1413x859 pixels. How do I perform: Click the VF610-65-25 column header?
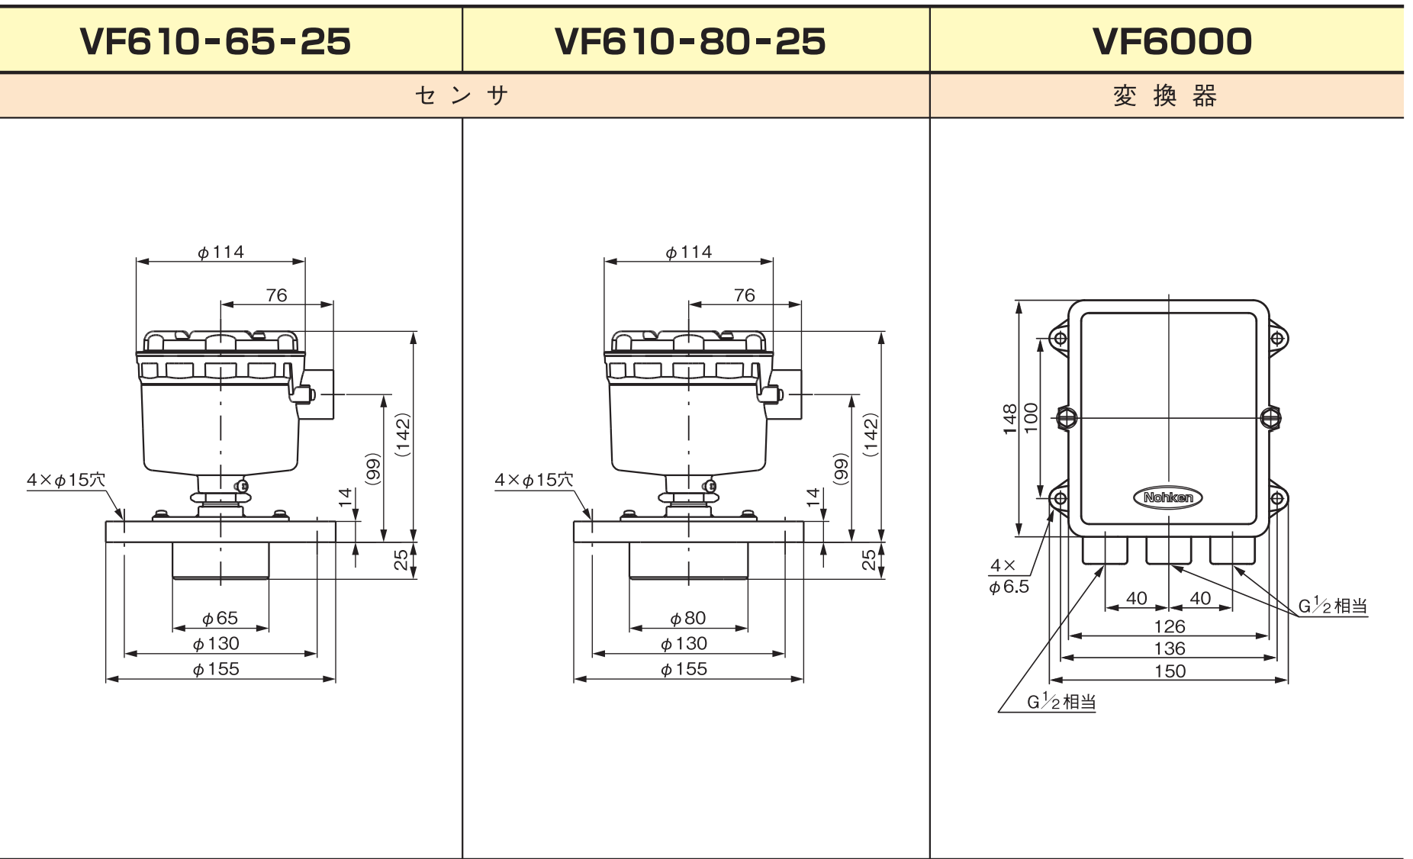point(215,41)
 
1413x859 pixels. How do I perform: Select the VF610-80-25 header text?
point(690,41)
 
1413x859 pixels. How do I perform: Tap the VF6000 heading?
point(1172,41)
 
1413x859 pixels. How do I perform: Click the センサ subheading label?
point(462,95)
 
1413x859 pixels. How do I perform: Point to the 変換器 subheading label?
point(1165,95)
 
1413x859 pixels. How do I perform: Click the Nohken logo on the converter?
point(1167,497)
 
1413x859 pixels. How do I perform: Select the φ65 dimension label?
point(220,617)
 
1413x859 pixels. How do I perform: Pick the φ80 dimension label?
point(687,617)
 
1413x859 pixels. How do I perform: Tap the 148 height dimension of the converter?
point(1010,419)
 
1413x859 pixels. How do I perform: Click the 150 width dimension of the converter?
point(1170,671)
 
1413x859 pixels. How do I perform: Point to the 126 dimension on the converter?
point(1170,626)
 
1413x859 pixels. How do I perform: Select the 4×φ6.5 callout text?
point(1009,576)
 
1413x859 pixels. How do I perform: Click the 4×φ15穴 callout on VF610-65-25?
point(66,480)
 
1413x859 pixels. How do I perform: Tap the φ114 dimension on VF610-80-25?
point(688,252)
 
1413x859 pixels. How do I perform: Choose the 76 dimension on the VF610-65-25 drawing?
point(276,295)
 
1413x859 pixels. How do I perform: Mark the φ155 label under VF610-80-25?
point(684,669)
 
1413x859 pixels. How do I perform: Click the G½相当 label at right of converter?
point(1333,606)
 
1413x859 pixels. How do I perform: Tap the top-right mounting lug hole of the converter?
point(1277,338)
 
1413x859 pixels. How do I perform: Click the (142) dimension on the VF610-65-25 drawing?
point(403,435)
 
